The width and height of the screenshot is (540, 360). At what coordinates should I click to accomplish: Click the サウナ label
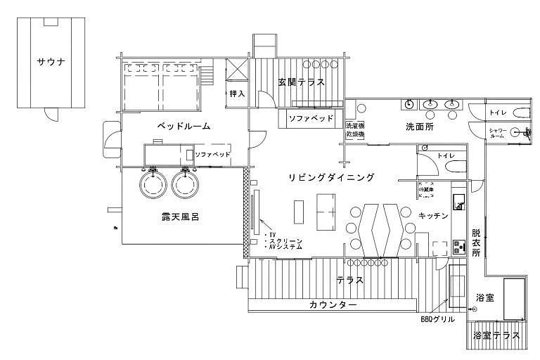click(51, 63)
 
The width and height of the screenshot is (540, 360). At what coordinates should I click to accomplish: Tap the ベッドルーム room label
click(184, 127)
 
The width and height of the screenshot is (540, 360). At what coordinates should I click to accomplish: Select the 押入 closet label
click(237, 94)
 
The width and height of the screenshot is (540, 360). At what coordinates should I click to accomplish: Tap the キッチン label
click(433, 216)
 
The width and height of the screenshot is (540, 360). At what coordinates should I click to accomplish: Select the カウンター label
click(333, 305)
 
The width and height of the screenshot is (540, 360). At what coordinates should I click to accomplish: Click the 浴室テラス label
click(497, 336)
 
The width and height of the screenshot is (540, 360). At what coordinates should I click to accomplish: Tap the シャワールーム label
click(497, 133)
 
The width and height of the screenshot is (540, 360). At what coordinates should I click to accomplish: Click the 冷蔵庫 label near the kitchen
click(427, 191)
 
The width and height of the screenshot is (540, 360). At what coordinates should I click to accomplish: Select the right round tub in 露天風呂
click(185, 185)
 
